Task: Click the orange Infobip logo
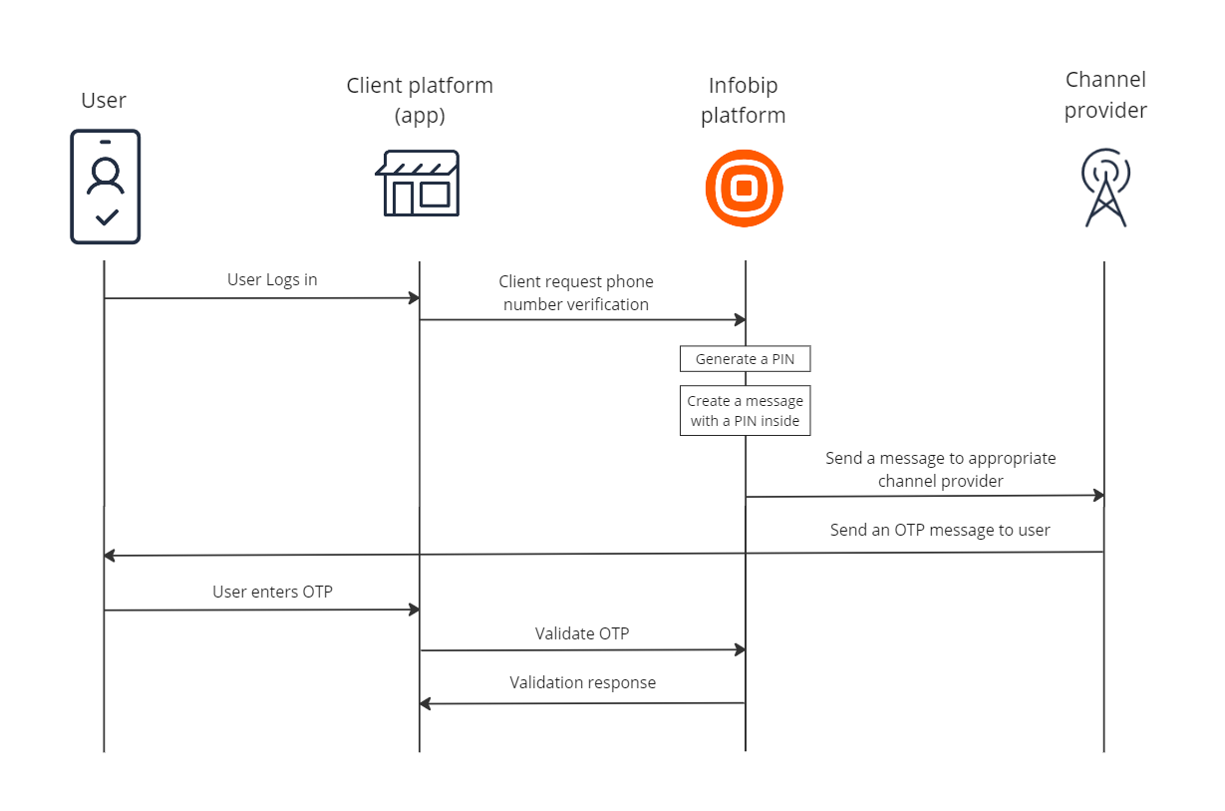(745, 189)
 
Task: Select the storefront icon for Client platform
(418, 184)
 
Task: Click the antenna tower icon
(1105, 188)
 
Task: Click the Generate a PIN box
(745, 359)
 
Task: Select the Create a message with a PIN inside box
(745, 410)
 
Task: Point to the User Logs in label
(272, 279)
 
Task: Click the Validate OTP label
(582, 633)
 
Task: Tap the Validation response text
(582, 682)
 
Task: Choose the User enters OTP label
(272, 592)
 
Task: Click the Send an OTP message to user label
(940, 530)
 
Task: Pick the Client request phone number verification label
(576, 292)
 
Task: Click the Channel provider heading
(1105, 95)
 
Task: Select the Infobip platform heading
(744, 100)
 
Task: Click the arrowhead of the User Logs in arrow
(415, 298)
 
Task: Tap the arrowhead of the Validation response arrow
(425, 703)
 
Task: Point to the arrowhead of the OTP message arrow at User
(110, 556)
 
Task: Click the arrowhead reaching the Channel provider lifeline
(1098, 495)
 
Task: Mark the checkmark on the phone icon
(107, 217)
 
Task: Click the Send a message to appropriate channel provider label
(941, 469)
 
